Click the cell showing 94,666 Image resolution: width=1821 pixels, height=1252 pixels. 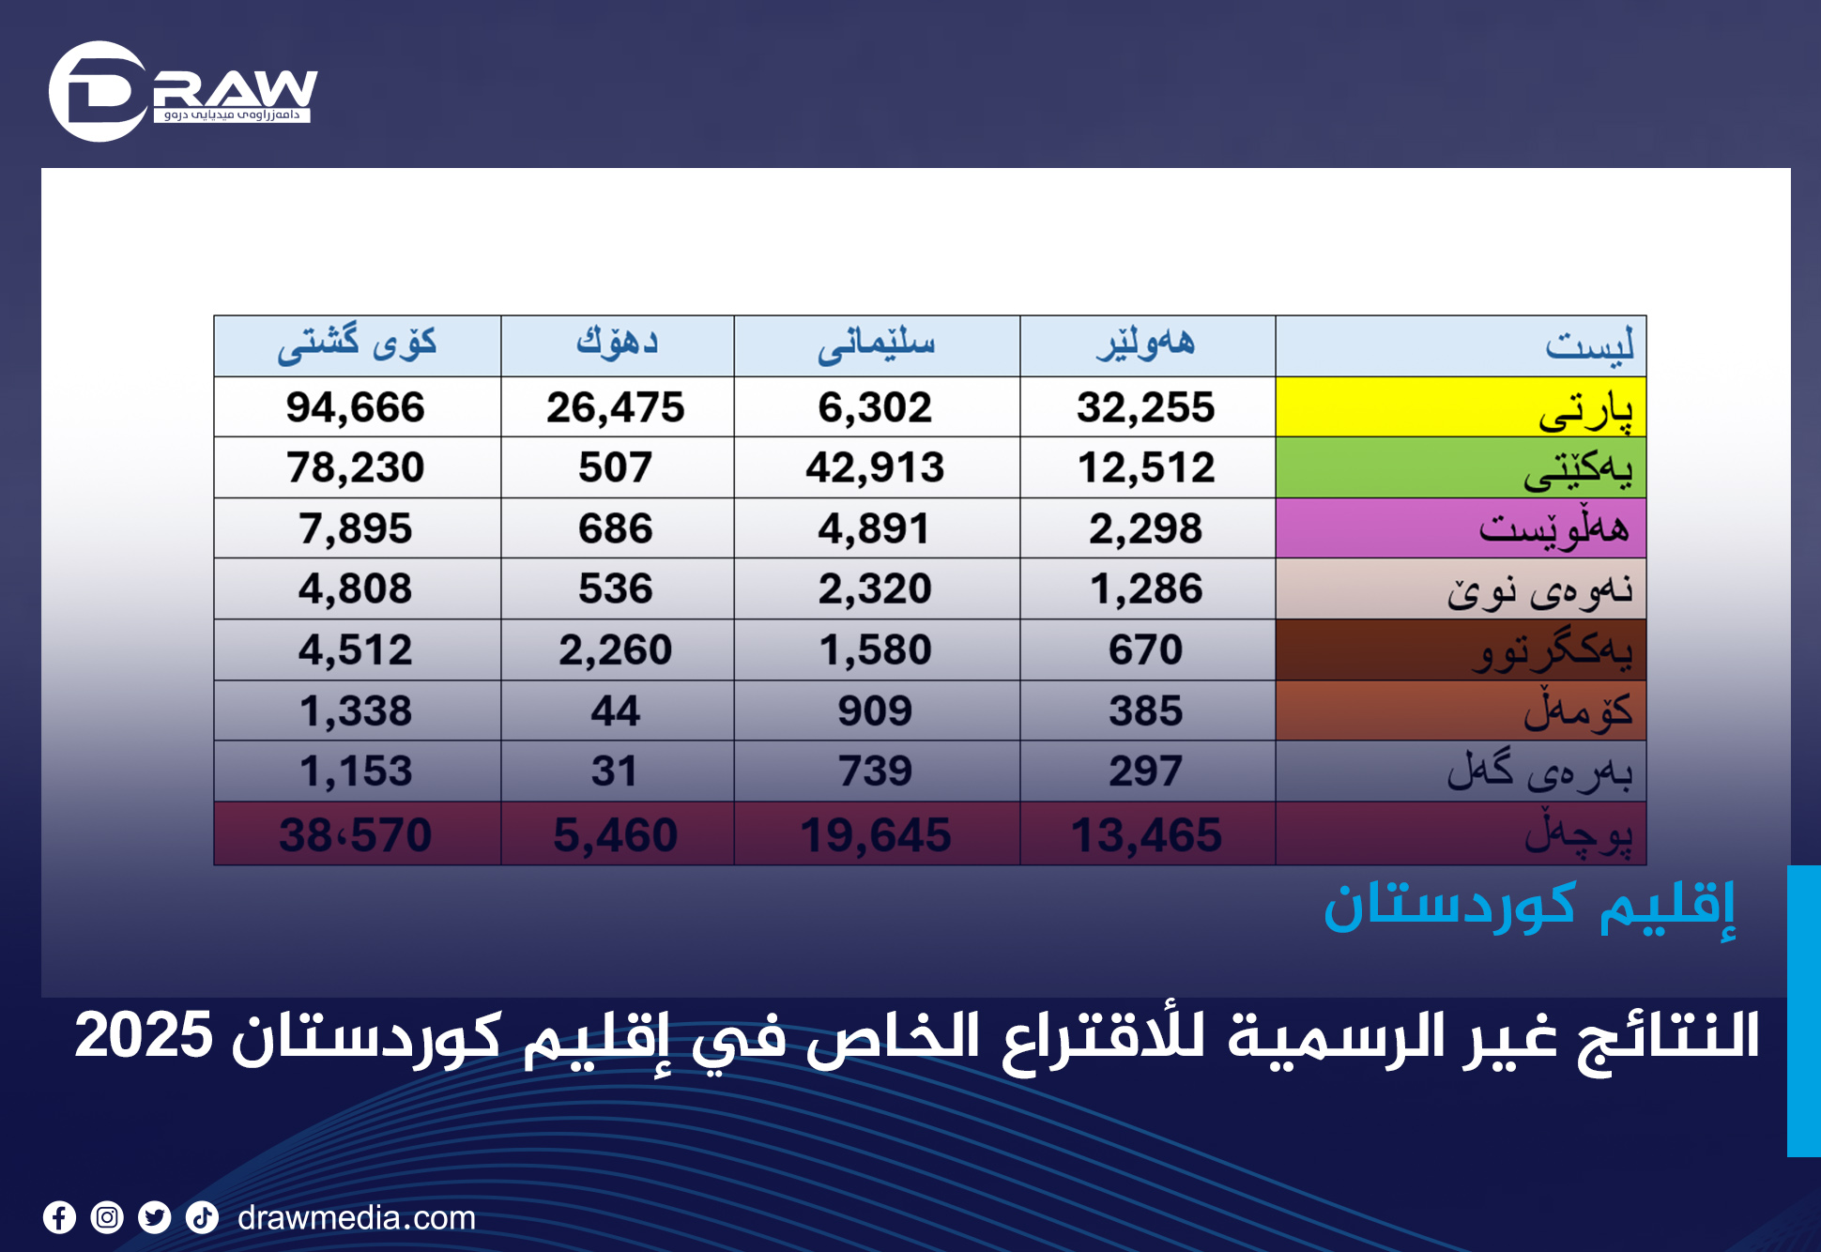[x=356, y=407]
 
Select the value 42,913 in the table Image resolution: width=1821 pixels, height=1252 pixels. [x=875, y=467]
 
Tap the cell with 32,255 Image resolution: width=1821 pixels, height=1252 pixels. [x=1145, y=407]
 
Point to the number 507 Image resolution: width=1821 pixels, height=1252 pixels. [x=616, y=467]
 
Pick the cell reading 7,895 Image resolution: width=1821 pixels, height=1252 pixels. [x=356, y=528]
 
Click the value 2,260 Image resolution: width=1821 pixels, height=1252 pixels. [x=616, y=649]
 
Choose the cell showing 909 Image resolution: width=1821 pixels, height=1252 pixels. [x=875, y=710]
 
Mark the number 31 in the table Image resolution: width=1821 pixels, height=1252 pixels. [x=616, y=771]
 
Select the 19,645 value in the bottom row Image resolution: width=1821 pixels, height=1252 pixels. [x=875, y=834]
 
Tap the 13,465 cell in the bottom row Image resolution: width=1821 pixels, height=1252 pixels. [x=1146, y=834]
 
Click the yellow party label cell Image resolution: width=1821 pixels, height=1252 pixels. [x=1460, y=407]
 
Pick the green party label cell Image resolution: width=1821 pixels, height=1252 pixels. [x=1460, y=467]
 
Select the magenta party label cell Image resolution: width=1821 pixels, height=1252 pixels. [x=1460, y=528]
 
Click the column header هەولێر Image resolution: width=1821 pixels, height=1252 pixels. [x=1145, y=344]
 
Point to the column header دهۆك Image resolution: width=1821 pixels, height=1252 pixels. [x=617, y=344]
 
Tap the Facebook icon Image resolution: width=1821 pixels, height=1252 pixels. [x=59, y=1218]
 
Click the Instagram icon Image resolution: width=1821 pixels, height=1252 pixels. [x=107, y=1218]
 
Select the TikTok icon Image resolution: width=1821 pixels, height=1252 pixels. [x=202, y=1218]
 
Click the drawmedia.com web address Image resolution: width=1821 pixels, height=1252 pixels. [x=357, y=1218]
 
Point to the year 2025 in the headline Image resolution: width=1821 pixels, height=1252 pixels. [x=144, y=1036]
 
